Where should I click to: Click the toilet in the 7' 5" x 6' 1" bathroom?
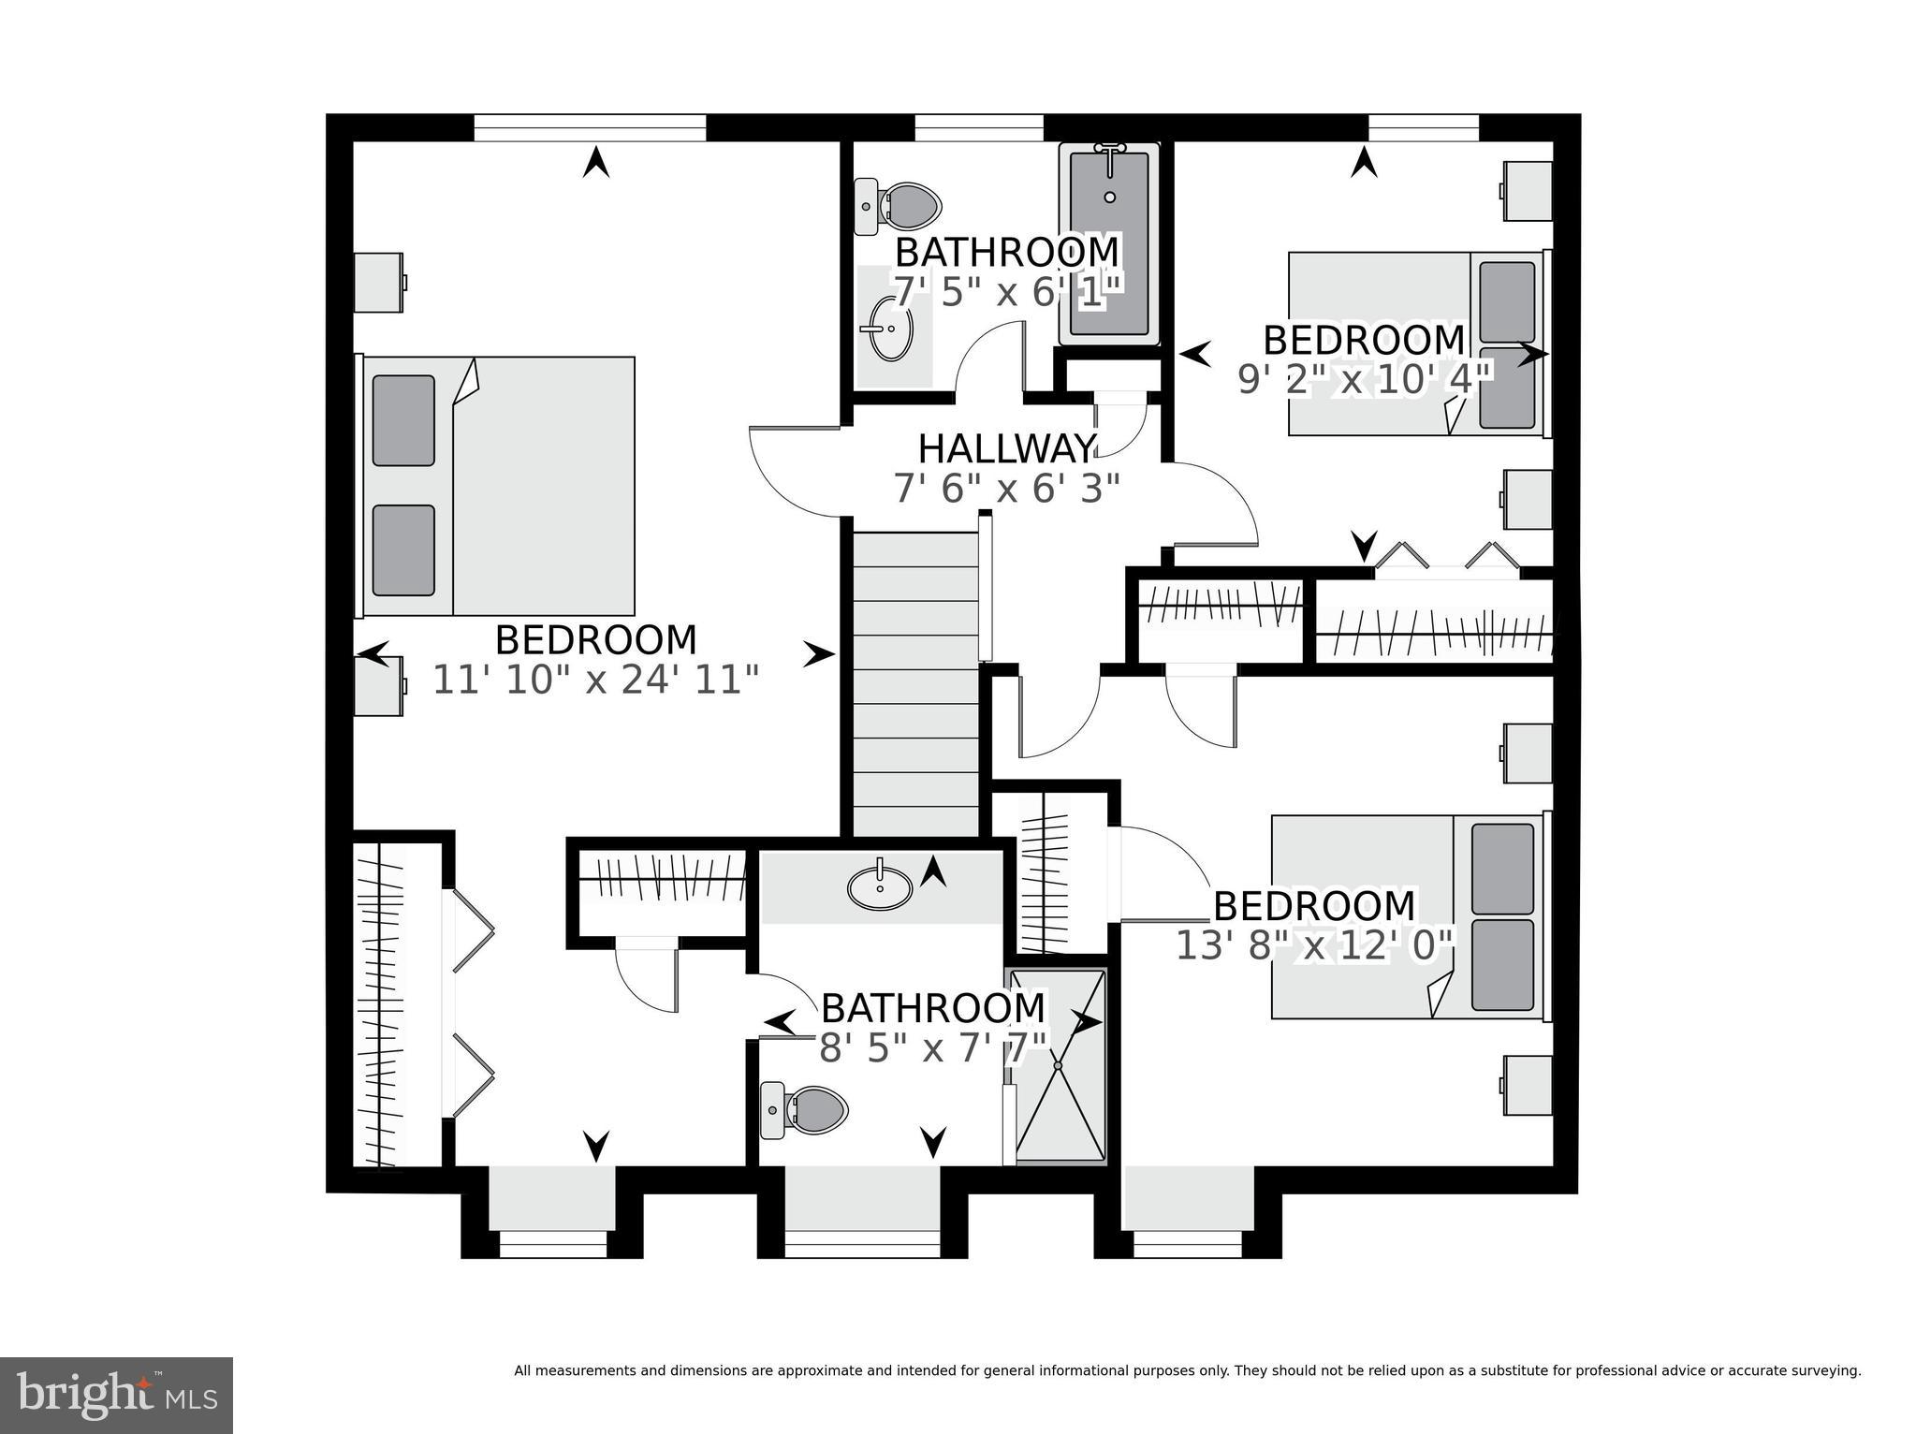pos(899,205)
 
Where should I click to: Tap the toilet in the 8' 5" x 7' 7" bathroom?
pos(805,1110)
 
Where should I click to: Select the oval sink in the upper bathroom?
pos(890,329)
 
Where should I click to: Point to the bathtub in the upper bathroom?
pos(1109,243)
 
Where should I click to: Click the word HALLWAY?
pos(1006,449)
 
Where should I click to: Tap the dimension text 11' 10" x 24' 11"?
pos(595,680)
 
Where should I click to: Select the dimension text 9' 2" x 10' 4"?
pos(1363,380)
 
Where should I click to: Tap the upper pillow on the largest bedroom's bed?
pos(403,420)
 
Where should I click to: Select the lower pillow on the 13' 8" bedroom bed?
pos(1502,965)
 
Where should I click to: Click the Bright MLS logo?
pos(116,1396)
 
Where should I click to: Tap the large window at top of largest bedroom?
pos(589,127)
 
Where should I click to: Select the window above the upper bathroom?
pos(978,127)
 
